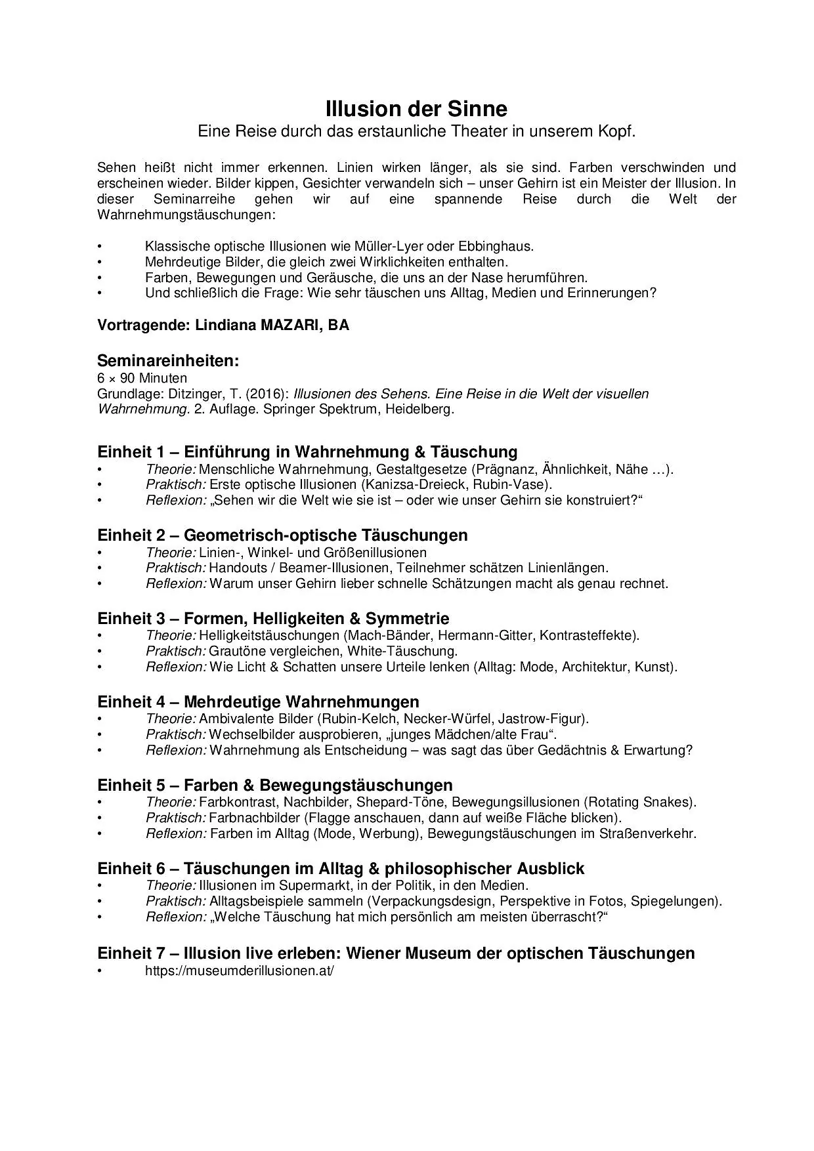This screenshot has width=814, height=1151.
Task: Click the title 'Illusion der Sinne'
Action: tap(416, 108)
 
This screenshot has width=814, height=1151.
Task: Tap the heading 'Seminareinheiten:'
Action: tap(168, 361)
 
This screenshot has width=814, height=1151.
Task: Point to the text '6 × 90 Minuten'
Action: tap(142, 378)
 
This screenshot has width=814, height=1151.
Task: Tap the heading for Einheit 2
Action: tap(282, 535)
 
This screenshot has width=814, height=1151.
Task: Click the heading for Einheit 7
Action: tap(396, 953)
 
